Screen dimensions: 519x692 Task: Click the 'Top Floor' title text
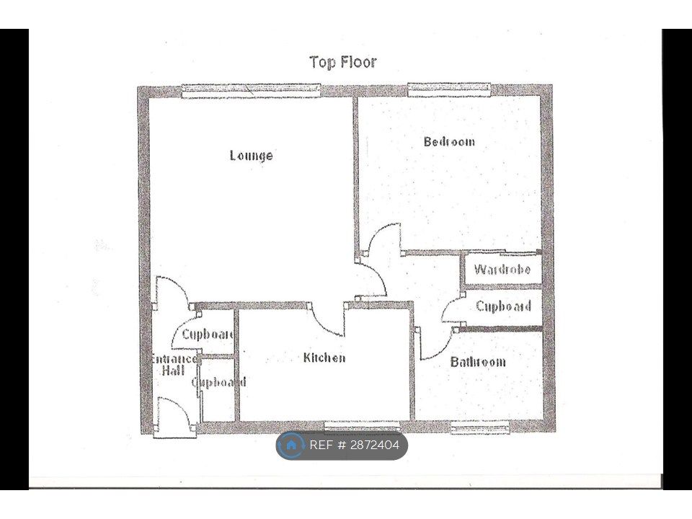coord(342,62)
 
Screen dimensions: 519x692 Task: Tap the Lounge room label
coord(251,156)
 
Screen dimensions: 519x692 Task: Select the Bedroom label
coord(449,142)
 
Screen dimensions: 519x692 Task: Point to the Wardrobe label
coord(502,270)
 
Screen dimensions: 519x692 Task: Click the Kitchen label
coord(324,358)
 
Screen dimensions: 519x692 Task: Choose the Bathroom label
coord(478,362)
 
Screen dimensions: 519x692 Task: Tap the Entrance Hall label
coord(172,365)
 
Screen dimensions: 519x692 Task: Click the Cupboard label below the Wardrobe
coord(503,306)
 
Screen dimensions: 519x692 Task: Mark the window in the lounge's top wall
coord(250,90)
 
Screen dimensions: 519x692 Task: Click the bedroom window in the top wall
coord(449,89)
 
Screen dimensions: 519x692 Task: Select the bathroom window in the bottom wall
coord(480,428)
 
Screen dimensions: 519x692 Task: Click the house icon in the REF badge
coord(291,445)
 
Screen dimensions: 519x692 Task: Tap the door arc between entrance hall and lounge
coord(175,290)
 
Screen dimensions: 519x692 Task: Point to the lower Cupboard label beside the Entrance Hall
coord(219,383)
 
